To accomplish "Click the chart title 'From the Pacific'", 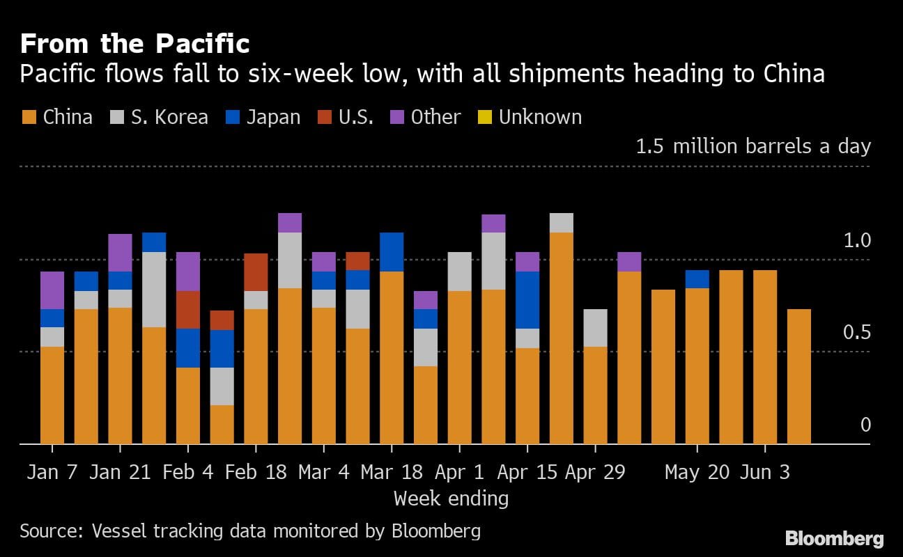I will pyautogui.click(x=134, y=44).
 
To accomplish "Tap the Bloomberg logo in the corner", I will pyautogui.click(x=834, y=538).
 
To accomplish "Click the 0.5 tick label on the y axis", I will pyautogui.click(x=857, y=333).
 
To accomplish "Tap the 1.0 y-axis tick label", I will pyautogui.click(x=857, y=241).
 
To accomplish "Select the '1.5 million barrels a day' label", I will pyautogui.click(x=753, y=146).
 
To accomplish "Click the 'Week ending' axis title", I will pyautogui.click(x=451, y=499).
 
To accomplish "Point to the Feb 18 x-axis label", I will pyautogui.click(x=256, y=472).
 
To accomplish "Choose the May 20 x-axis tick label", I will pyautogui.click(x=697, y=472).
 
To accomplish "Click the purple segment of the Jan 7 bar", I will pyautogui.click(x=52, y=290).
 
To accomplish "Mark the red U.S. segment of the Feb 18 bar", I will pyautogui.click(x=256, y=272).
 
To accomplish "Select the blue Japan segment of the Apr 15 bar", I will pyautogui.click(x=527, y=299).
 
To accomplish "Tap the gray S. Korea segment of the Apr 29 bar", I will pyautogui.click(x=595, y=327).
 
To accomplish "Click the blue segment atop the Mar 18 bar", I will pyautogui.click(x=392, y=251).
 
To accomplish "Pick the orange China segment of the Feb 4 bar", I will pyautogui.click(x=188, y=405).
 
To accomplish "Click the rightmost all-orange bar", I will pyautogui.click(x=798, y=376).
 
